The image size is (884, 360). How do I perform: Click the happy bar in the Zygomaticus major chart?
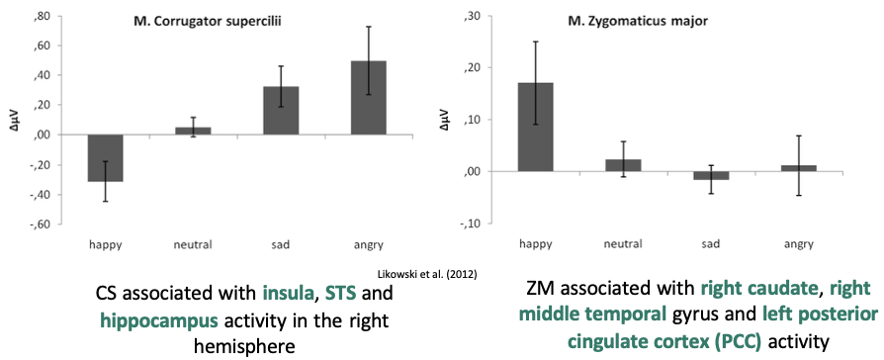536,127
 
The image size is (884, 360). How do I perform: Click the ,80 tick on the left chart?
43,17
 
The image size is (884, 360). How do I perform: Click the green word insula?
289,293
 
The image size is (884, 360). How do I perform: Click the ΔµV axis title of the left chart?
13,120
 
